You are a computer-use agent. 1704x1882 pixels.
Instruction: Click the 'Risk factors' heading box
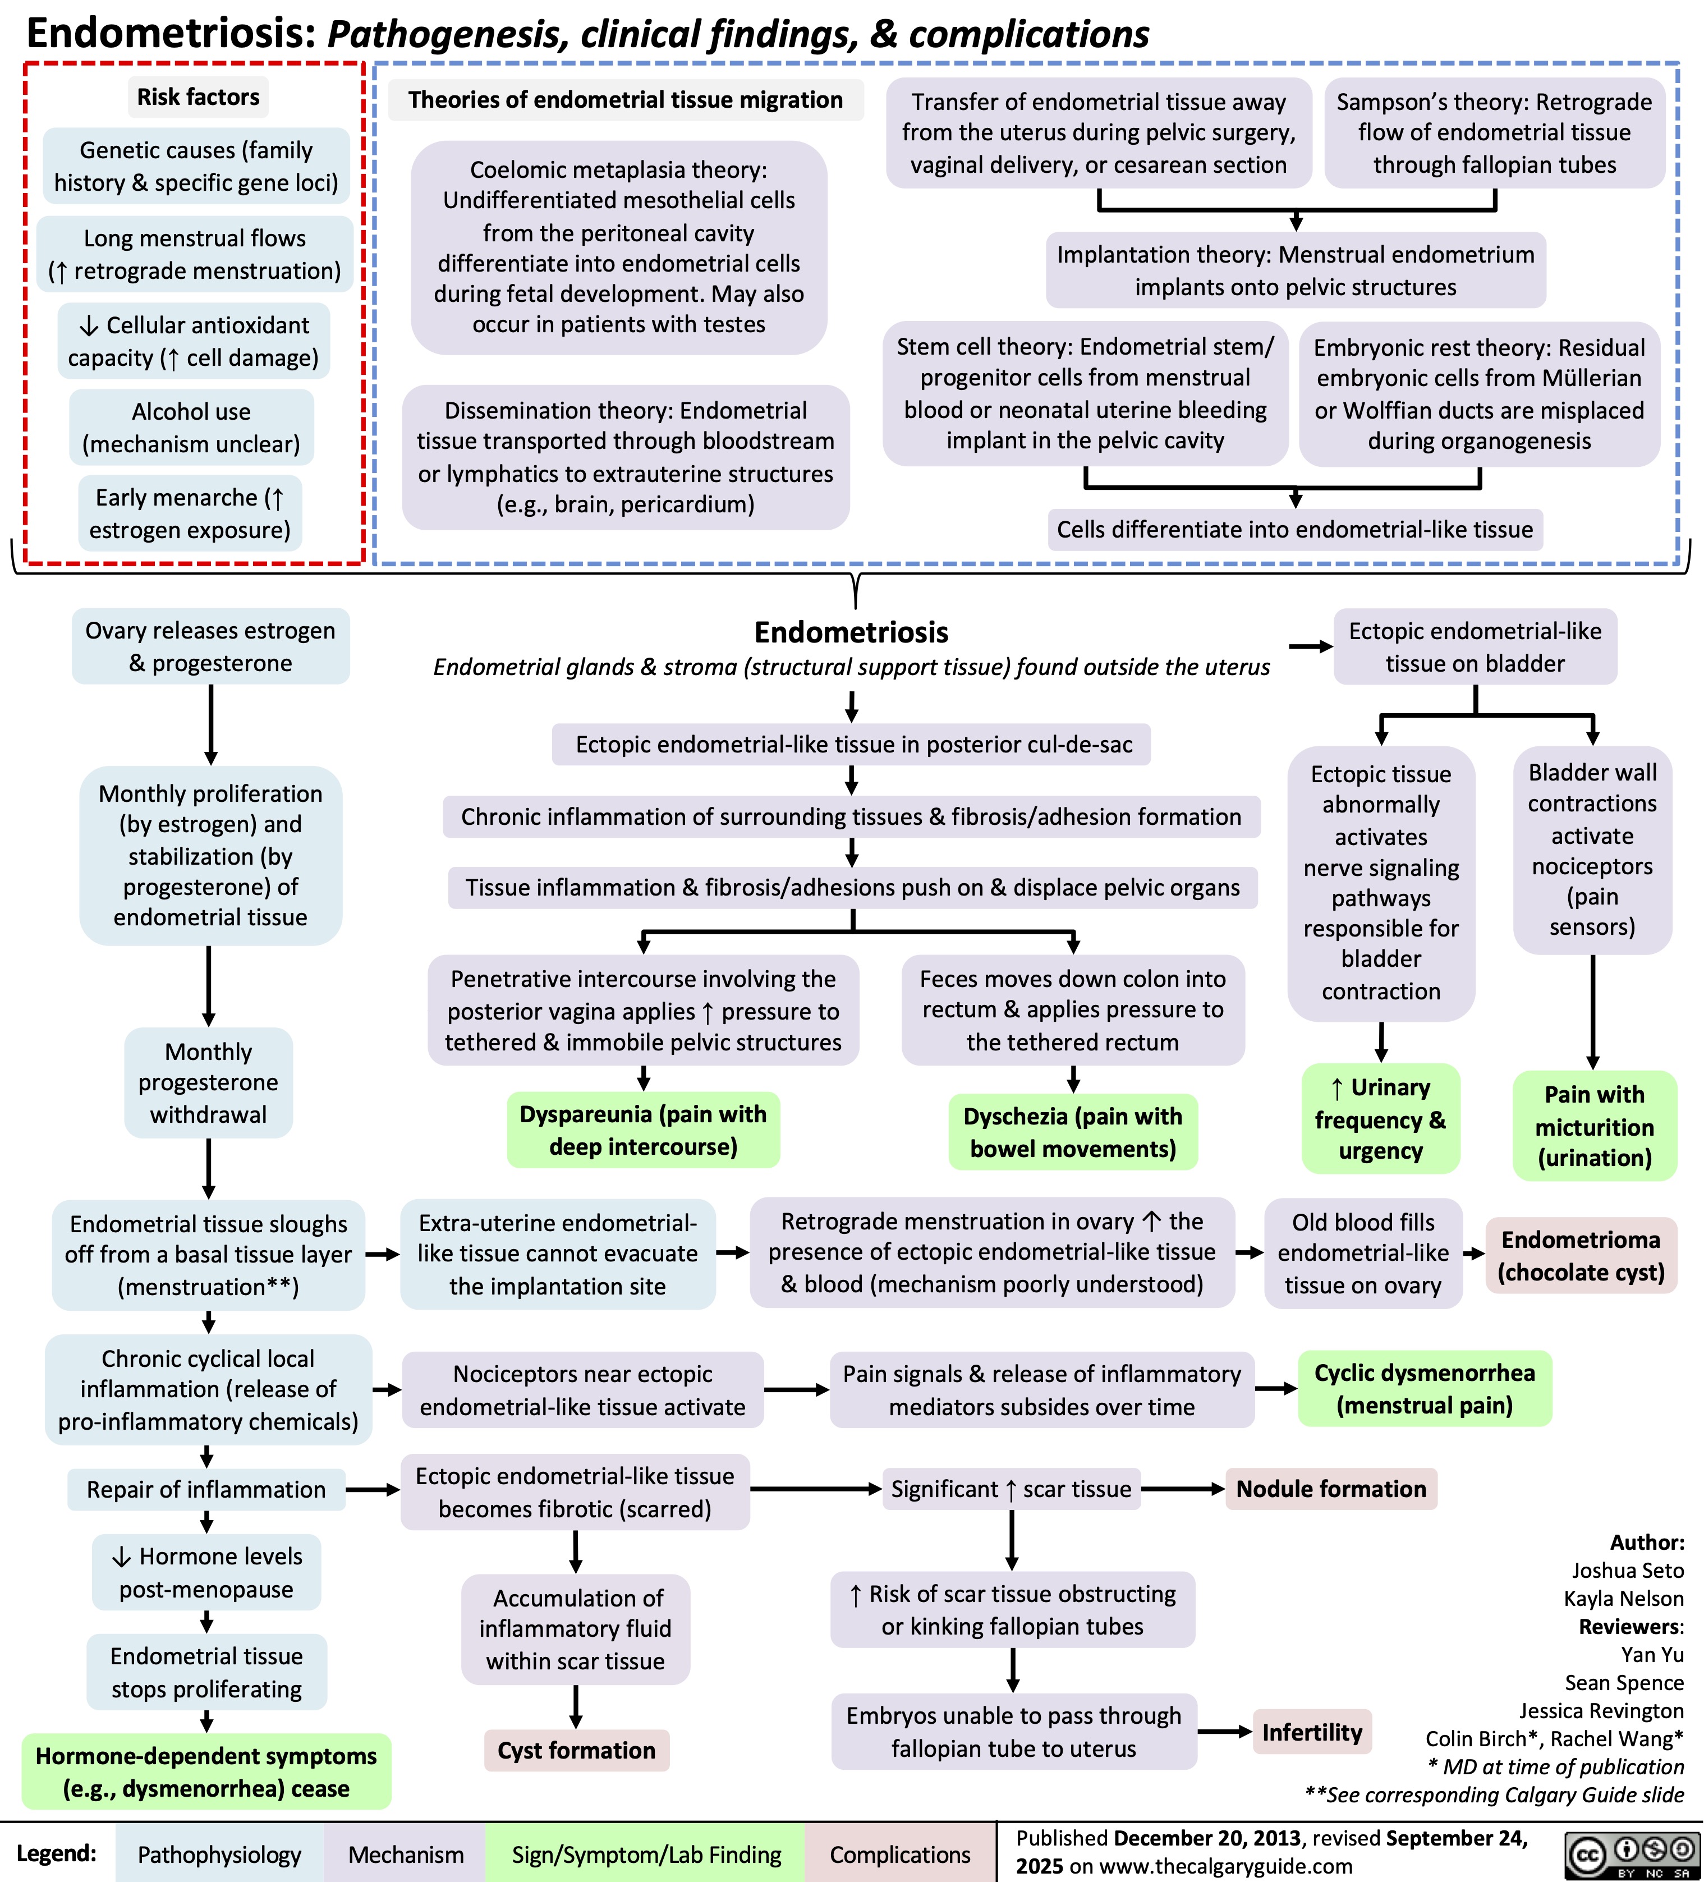(x=198, y=97)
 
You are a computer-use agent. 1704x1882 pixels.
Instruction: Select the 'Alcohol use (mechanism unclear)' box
(x=191, y=428)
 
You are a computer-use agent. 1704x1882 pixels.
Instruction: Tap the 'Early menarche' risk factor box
(x=190, y=513)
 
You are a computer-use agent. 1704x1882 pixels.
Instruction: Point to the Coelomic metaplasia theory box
(x=618, y=247)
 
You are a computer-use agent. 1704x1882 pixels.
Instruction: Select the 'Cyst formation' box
(x=576, y=1750)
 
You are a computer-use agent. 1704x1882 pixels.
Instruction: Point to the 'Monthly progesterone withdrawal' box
(x=208, y=1083)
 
